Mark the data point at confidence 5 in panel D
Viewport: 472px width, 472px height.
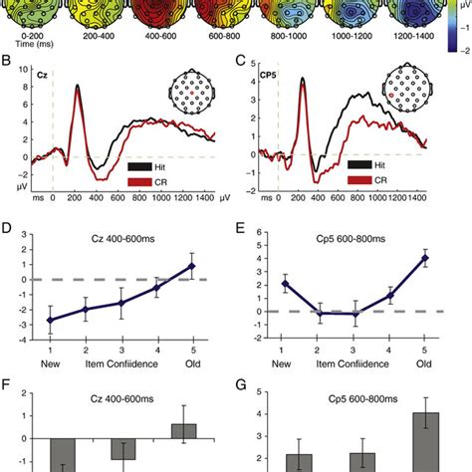pos(192,266)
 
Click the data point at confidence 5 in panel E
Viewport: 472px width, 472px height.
pos(425,258)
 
